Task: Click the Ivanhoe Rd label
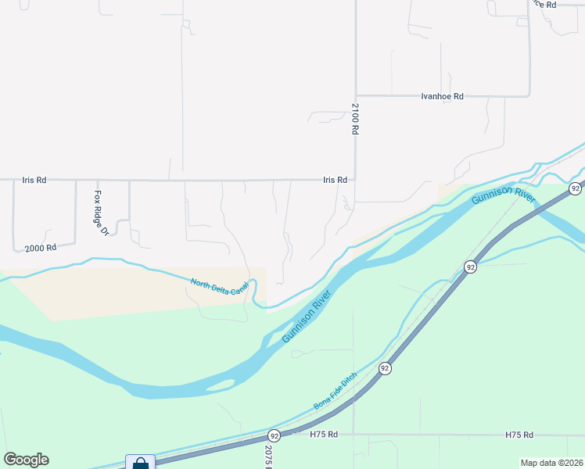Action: pos(442,96)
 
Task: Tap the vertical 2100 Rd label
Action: pos(354,119)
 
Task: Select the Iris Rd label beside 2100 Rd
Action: pos(335,180)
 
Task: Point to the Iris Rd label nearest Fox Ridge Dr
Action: pos(34,180)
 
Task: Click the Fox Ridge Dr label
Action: pos(100,213)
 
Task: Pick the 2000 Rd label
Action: pos(41,248)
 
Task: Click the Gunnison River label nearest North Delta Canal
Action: pos(307,317)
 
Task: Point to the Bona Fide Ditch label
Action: pos(336,392)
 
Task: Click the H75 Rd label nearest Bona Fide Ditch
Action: pos(323,435)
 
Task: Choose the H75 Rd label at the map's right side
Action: pos(519,435)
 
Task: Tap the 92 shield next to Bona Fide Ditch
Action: pos(385,367)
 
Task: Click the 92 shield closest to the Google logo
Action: pos(274,435)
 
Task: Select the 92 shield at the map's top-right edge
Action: pos(576,188)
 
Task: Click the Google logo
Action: pos(26,460)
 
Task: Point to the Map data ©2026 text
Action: pos(551,463)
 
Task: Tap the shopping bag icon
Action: pos(140,462)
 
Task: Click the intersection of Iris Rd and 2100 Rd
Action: pos(355,180)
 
